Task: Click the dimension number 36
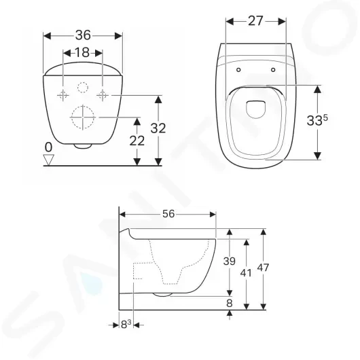83,35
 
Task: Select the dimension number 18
82,52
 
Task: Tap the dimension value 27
255,21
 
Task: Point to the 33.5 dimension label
317,120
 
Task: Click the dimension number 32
158,128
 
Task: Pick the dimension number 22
137,141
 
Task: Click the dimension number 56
168,214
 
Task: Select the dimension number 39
230,262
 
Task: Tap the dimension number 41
246,273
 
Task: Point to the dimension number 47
263,268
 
